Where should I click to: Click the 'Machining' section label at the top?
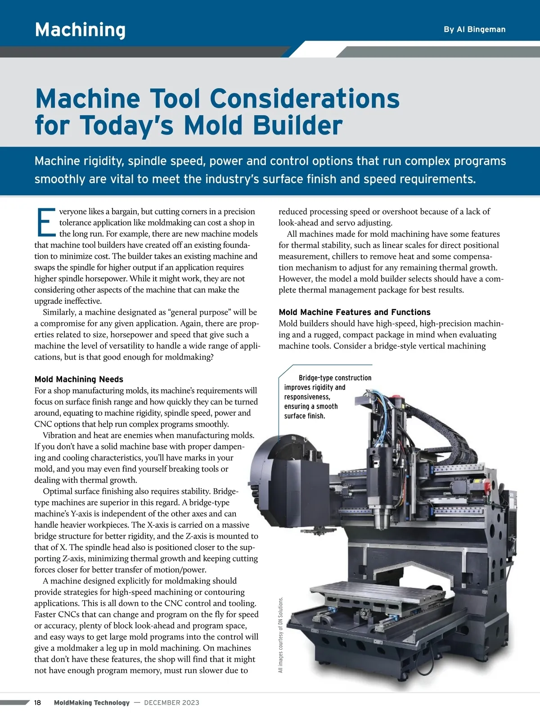(80, 30)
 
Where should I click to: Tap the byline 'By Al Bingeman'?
(474, 29)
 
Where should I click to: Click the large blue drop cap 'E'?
(45, 222)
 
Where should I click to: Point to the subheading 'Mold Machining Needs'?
(79, 379)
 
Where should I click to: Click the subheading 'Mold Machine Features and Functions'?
(355, 312)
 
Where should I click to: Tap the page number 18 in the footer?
(37, 702)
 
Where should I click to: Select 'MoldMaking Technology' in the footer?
(92, 702)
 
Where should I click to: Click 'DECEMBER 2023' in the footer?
(171, 702)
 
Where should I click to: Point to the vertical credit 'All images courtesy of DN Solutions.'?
(281, 634)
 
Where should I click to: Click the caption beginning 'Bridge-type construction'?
(328, 397)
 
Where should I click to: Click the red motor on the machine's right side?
(483, 485)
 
